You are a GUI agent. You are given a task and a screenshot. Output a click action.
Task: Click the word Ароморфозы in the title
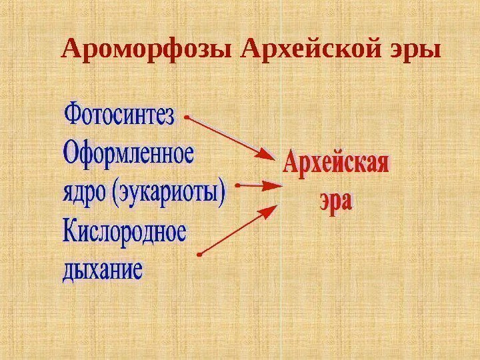[x=149, y=49]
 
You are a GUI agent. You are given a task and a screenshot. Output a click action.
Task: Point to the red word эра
[x=334, y=201]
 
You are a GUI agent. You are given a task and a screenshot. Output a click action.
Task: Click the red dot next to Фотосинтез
[x=187, y=117]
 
